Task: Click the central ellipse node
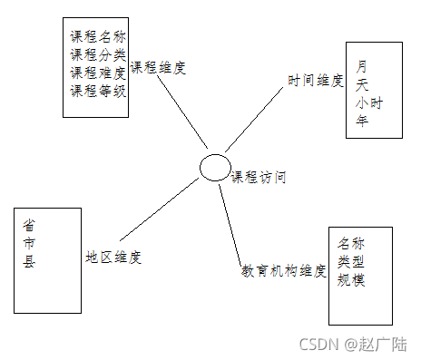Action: coord(215,168)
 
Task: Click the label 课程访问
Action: coord(259,178)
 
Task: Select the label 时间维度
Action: coord(316,81)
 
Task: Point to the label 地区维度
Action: coord(113,257)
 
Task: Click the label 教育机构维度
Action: coord(283,270)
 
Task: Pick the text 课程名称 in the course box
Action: coord(98,38)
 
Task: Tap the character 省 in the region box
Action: coord(30,225)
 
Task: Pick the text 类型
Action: coord(351,261)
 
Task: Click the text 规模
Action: coord(351,280)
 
